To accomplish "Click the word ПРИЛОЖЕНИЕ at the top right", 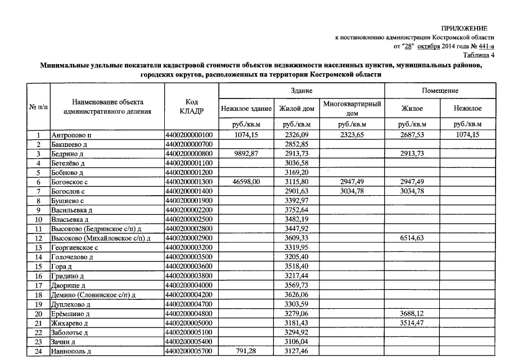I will [464, 28].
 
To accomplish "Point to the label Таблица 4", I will [479, 55].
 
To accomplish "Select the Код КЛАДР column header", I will [191, 106].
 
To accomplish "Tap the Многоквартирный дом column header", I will [352, 108].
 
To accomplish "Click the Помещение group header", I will [440, 91].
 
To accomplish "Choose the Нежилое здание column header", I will [246, 108].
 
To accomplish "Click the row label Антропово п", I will [71, 136].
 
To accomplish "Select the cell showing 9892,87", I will [246, 154].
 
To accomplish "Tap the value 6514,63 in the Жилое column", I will [412, 238].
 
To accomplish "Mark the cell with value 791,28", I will [246, 352].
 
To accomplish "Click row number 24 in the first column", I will [39, 352].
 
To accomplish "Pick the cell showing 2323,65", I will [352, 136].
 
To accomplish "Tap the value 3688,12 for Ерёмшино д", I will [412, 314].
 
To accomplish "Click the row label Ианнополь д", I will [71, 352].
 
